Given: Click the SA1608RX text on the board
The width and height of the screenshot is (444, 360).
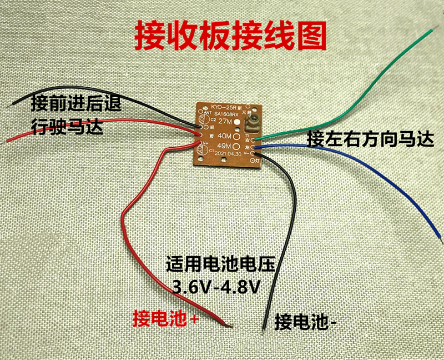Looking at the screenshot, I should point(224,113).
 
